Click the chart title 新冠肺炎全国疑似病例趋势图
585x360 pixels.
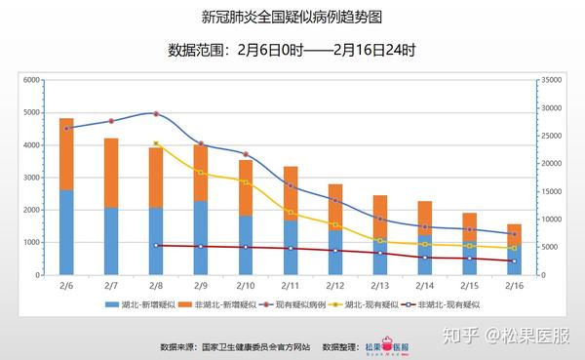tap(292, 18)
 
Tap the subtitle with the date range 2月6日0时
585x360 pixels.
tap(292, 50)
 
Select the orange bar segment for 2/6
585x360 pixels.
tap(66, 153)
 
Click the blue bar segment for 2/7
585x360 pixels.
tap(111, 241)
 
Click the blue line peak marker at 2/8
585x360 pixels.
tap(156, 114)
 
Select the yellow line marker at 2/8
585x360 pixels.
tap(156, 144)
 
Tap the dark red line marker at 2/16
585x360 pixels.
tap(514, 260)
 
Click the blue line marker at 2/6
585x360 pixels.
tap(66, 128)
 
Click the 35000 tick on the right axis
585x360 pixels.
tap(552, 80)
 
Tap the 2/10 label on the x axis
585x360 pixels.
tap(246, 285)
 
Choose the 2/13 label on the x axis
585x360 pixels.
tap(379, 285)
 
